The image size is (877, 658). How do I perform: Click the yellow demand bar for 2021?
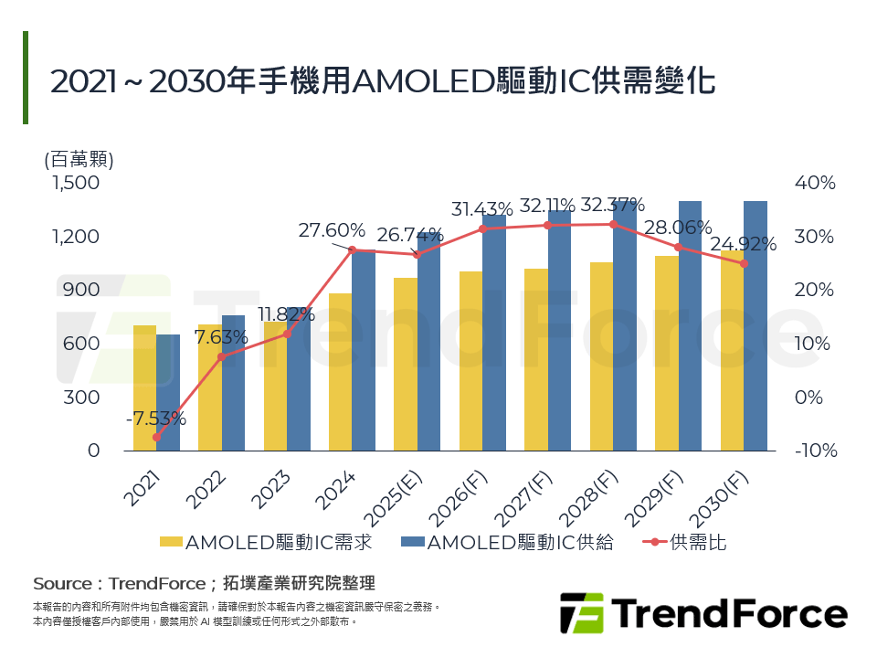(x=144, y=388)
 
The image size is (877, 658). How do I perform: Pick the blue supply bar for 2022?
(x=233, y=383)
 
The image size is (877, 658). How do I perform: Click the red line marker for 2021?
(x=156, y=438)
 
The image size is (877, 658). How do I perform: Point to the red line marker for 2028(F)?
(x=614, y=224)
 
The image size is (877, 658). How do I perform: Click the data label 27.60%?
(x=332, y=230)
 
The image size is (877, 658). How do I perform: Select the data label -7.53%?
(x=156, y=419)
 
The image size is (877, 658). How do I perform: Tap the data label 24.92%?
(x=744, y=244)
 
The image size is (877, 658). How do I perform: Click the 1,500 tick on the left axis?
(x=75, y=183)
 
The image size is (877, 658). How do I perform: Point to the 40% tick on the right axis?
(x=815, y=183)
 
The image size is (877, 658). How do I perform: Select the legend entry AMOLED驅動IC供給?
(x=507, y=542)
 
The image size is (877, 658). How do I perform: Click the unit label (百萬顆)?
(x=79, y=159)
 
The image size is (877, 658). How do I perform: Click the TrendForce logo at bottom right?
(x=703, y=612)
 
